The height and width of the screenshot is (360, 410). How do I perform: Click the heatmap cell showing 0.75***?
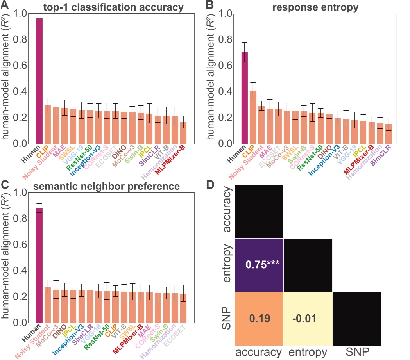259,265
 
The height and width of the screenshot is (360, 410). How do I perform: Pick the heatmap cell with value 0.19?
259,319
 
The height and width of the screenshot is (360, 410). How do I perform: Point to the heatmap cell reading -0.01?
308,319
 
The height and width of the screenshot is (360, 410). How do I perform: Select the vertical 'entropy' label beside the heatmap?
226,265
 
